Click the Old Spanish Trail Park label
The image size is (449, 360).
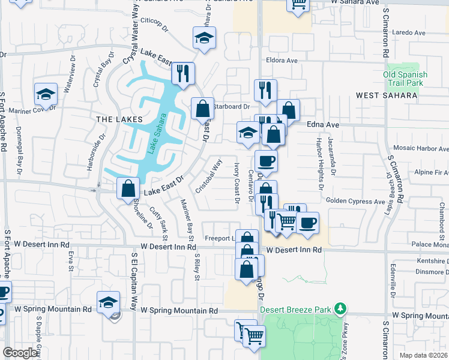click(405, 79)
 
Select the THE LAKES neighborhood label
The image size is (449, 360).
click(118, 119)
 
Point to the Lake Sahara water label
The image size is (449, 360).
click(156, 134)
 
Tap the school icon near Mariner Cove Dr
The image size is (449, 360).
click(46, 94)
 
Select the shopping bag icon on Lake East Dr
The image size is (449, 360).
click(128, 188)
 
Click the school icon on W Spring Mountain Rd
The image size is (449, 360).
click(108, 302)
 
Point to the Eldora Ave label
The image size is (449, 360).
click(282, 61)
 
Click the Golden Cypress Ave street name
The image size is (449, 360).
click(355, 202)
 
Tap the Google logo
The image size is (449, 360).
click(20, 353)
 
